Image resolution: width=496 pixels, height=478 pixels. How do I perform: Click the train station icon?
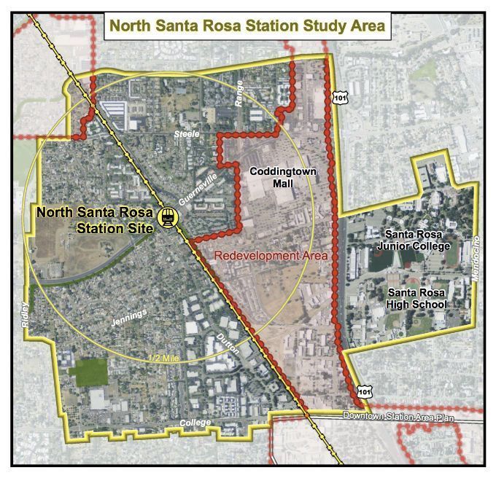pos(168,216)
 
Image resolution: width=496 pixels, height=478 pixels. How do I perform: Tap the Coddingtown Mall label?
pos(271,178)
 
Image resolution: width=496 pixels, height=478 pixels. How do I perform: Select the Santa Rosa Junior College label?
pos(418,240)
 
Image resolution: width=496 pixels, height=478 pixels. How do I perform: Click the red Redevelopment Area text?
pos(271,256)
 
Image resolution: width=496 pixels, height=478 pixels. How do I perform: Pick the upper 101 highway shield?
pos(340,96)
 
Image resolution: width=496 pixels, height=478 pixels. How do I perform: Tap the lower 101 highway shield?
pos(363,391)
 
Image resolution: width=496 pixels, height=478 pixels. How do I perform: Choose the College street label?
pos(196,423)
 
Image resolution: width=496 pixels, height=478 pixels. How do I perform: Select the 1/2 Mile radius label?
pos(164,358)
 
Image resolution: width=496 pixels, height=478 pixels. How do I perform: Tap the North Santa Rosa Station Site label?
pos(95,220)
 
